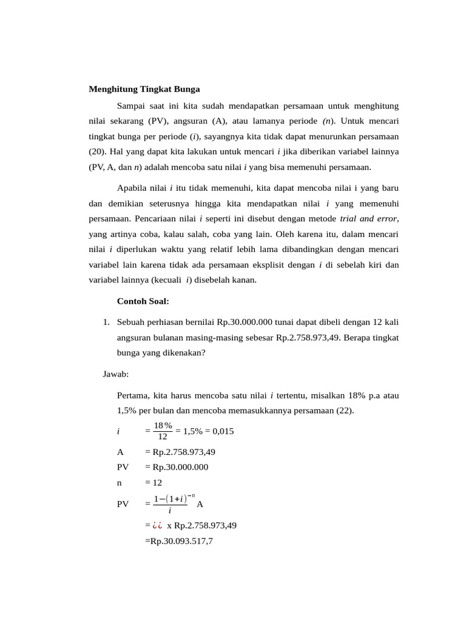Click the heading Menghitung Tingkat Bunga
pyautogui.click(x=144, y=89)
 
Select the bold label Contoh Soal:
pyautogui.click(x=143, y=301)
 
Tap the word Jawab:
pyautogui.click(x=116, y=375)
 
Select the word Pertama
pyautogui.click(x=133, y=395)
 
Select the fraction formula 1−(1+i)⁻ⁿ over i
pyautogui.click(x=174, y=504)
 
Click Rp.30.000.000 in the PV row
pyautogui.click(x=177, y=467)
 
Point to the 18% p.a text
pyautogui.click(x=352, y=395)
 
